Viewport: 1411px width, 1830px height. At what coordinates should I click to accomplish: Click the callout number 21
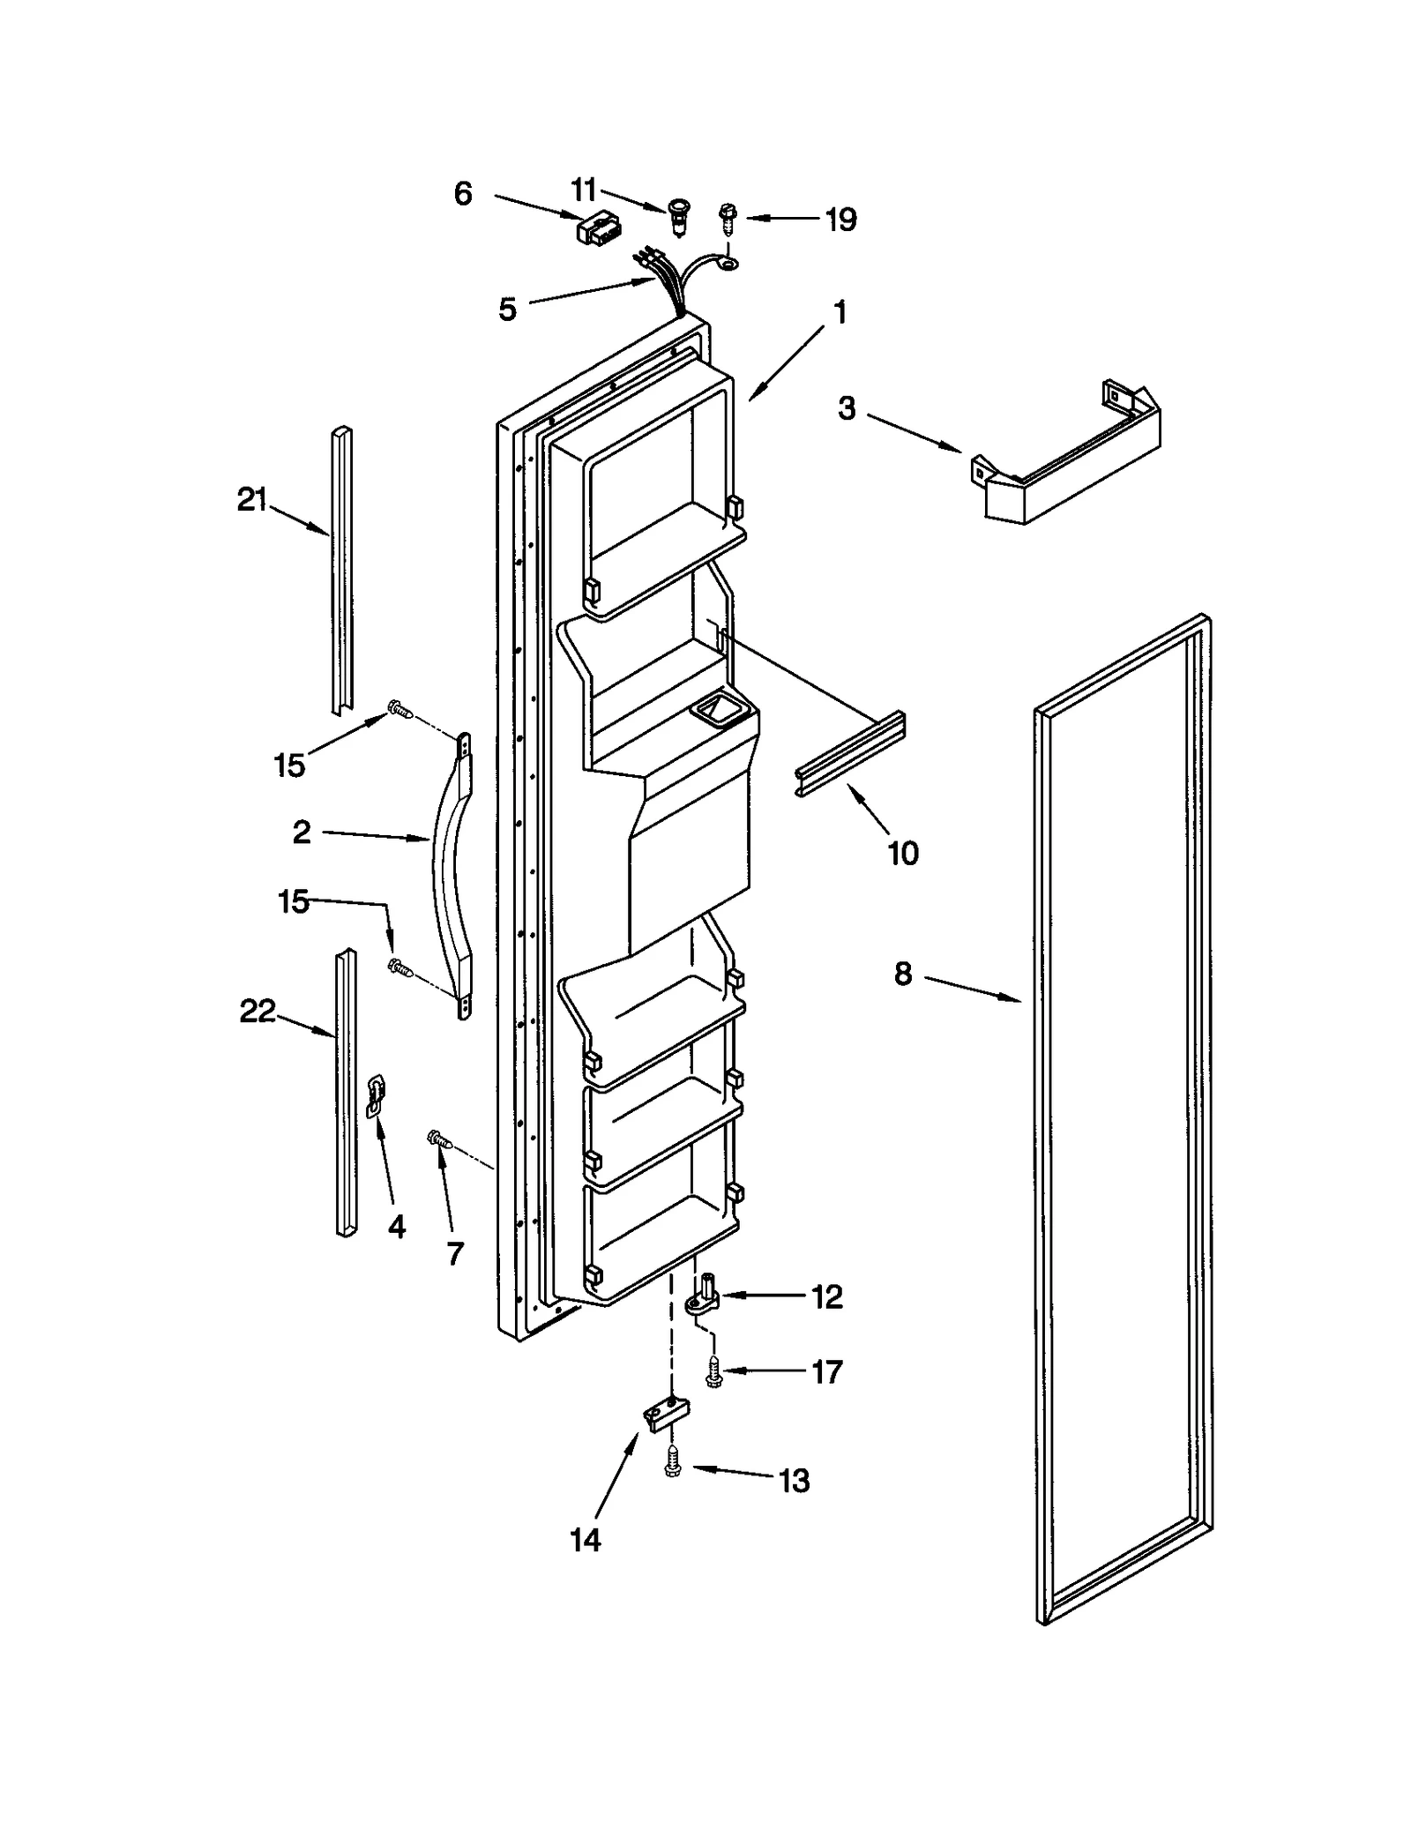(x=251, y=500)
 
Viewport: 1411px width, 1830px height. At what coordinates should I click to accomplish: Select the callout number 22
(x=258, y=1011)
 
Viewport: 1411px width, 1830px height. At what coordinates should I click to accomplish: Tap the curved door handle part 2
(x=450, y=873)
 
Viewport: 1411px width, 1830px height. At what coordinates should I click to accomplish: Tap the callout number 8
(x=903, y=974)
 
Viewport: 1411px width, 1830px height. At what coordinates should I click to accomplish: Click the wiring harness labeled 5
(x=670, y=282)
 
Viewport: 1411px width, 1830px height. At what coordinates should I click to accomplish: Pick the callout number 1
(x=840, y=312)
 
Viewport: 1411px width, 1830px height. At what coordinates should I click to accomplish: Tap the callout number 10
(x=903, y=853)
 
